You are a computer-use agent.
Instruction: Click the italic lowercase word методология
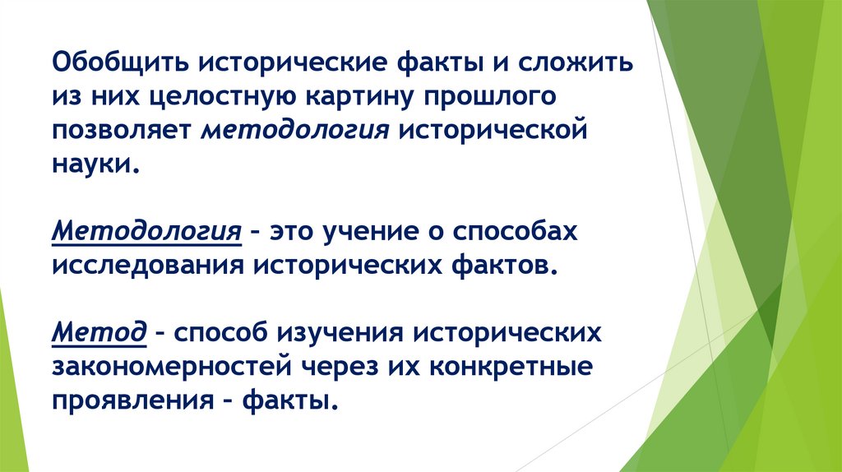click(x=295, y=132)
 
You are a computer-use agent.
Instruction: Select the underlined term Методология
click(x=147, y=233)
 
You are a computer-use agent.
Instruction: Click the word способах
click(x=516, y=233)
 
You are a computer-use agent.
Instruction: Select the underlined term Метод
click(x=99, y=334)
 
